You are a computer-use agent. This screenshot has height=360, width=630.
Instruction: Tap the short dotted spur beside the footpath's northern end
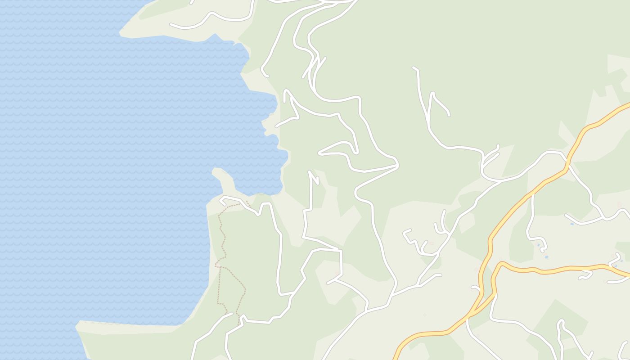pos(248,203)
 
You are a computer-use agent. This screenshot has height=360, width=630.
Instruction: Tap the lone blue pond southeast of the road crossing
pos(572,224)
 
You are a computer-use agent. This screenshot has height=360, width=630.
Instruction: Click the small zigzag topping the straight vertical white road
pos(314,178)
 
